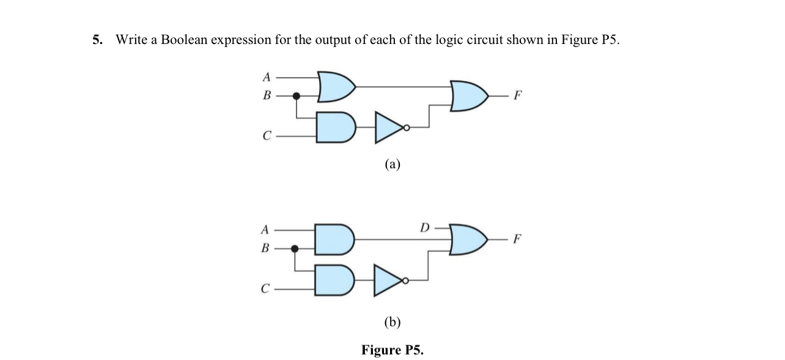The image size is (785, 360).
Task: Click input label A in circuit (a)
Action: [x=266, y=77]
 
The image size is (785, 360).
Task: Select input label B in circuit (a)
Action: [x=266, y=96]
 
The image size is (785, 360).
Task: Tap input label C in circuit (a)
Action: [x=266, y=136]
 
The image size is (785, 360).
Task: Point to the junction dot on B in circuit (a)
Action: [x=297, y=96]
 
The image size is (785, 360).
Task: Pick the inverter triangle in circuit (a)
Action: [x=388, y=127]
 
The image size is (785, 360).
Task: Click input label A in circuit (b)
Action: [x=265, y=230]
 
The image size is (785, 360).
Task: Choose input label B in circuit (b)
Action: [x=265, y=249]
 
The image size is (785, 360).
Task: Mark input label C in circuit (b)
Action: [x=265, y=289]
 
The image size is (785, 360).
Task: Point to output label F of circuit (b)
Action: [x=518, y=238]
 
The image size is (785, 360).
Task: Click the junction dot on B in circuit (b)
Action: [x=295, y=249]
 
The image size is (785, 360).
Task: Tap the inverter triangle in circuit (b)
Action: [x=388, y=280]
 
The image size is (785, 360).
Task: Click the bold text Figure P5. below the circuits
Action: [x=392, y=350]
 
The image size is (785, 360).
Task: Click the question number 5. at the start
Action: [x=97, y=40]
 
